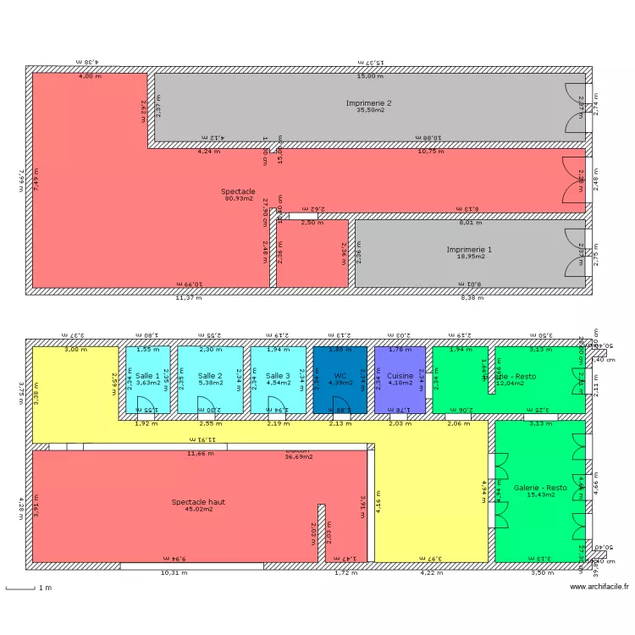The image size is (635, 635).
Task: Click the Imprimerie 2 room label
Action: coord(368,102)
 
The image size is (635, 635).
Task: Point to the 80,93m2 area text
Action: coord(238,199)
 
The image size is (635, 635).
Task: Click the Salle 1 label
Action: coord(147,375)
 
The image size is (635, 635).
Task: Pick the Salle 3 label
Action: coord(278,375)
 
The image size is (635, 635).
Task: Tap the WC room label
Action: coord(340,375)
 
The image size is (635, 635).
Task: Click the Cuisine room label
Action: coord(400,375)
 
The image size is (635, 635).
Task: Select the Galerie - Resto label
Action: coord(540,488)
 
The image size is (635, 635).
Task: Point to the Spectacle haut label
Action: coord(198,501)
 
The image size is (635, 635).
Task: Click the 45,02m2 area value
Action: coord(198,509)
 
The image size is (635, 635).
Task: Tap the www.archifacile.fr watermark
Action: coord(599,587)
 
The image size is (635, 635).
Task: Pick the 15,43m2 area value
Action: coord(540,495)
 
